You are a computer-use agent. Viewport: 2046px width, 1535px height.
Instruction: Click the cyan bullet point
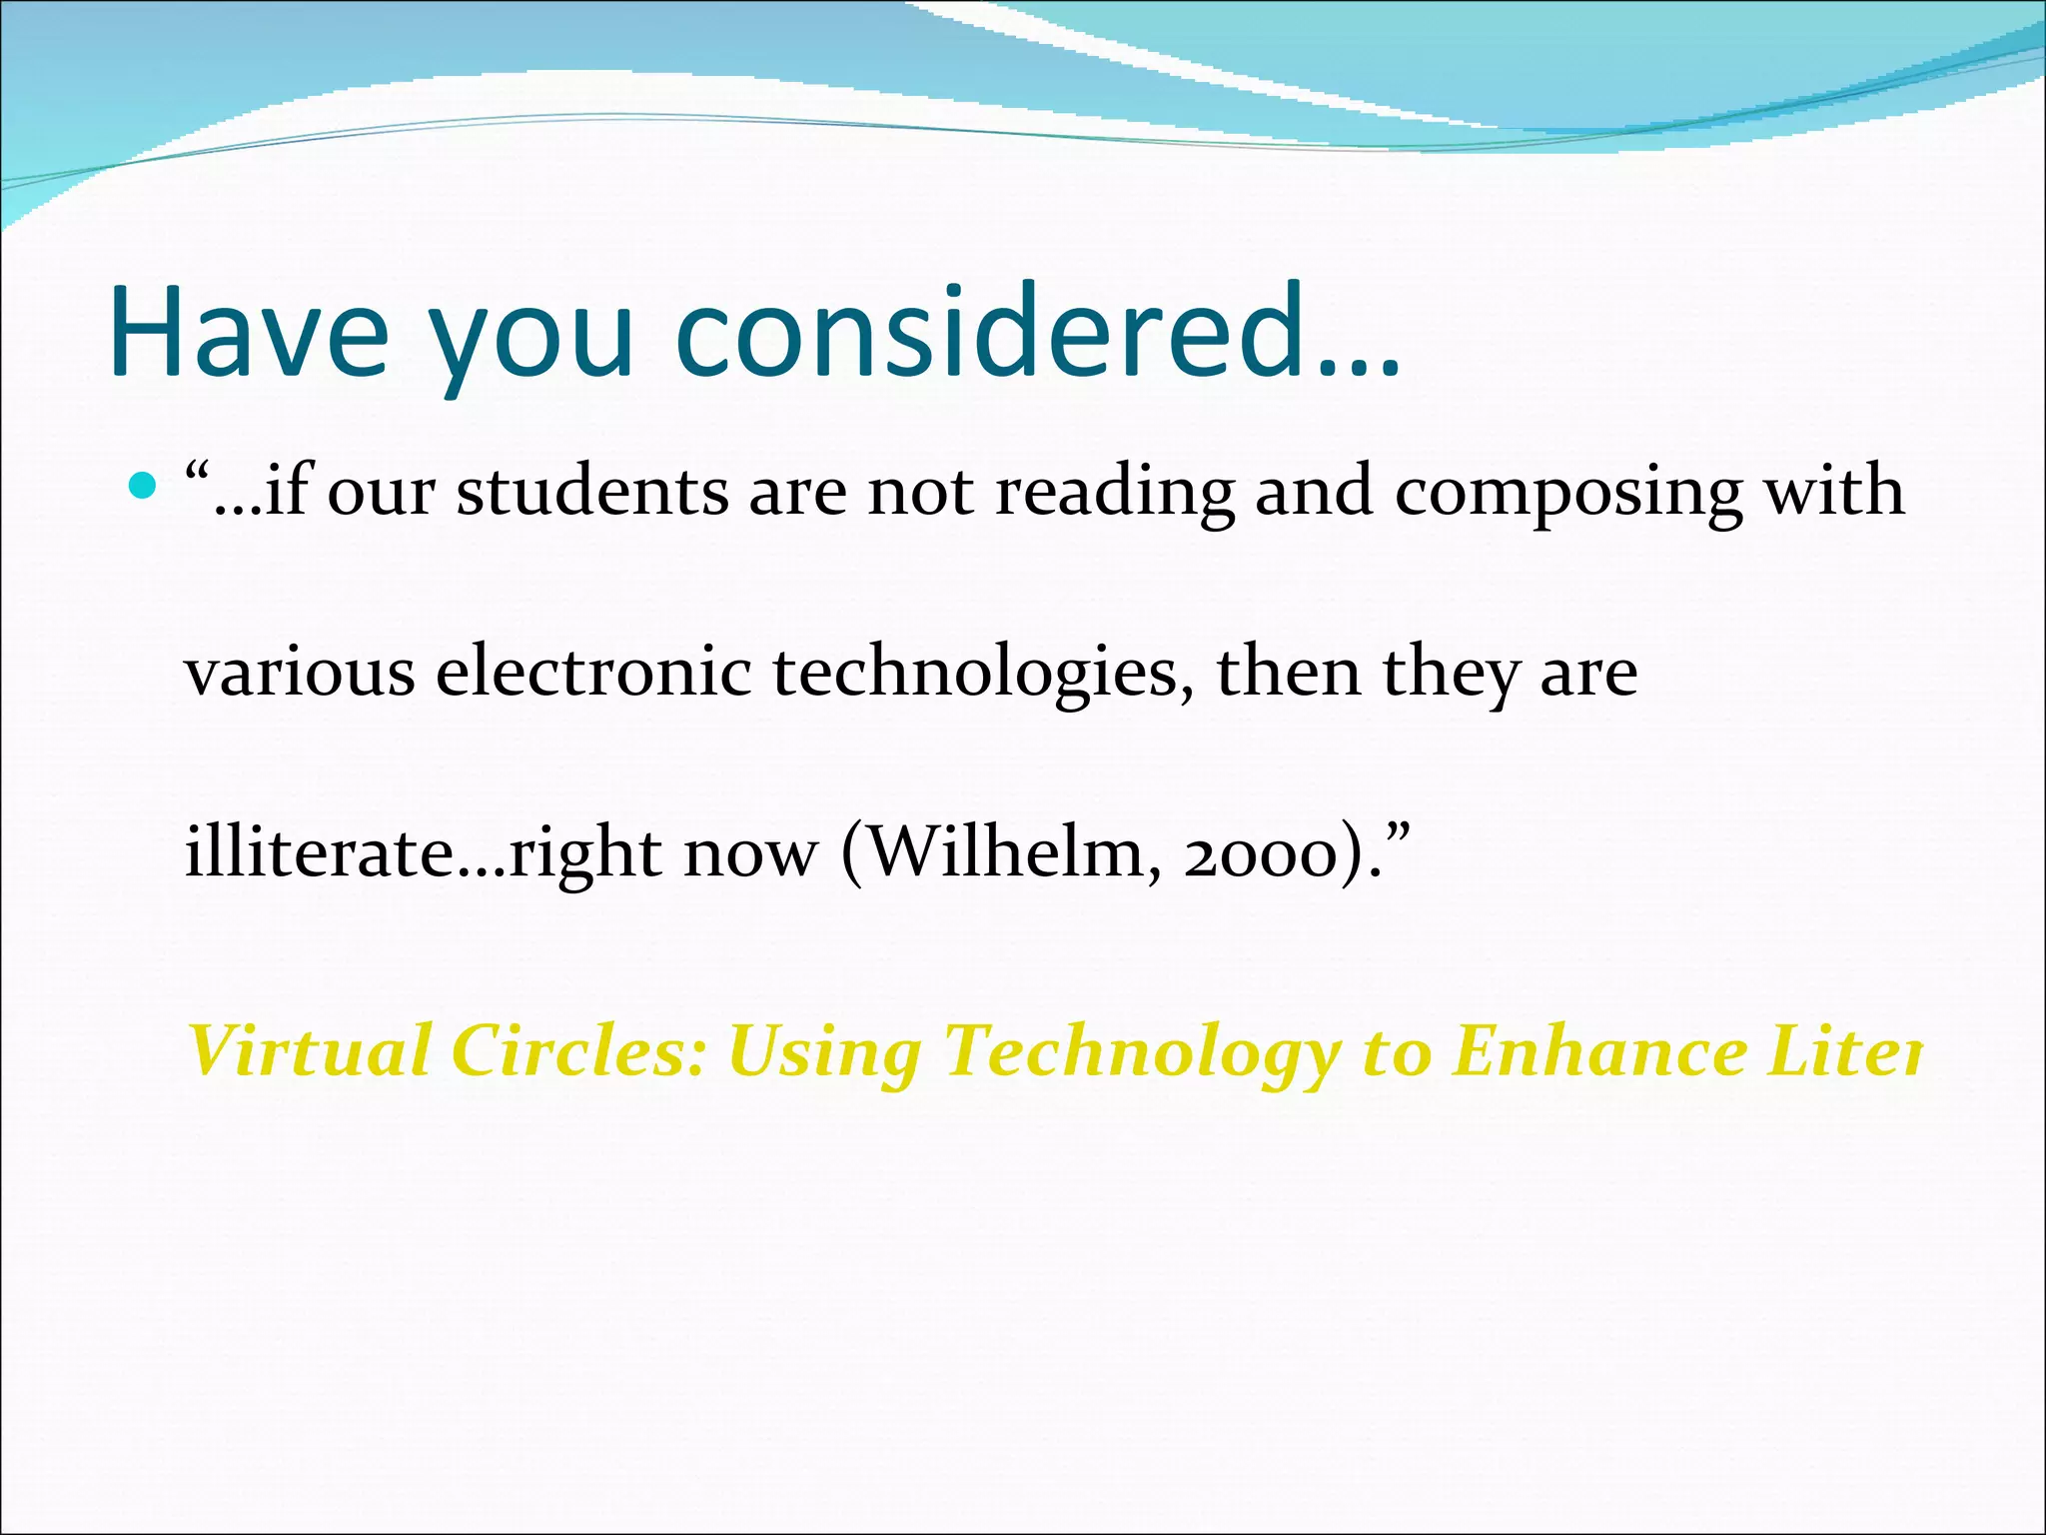pos(144,487)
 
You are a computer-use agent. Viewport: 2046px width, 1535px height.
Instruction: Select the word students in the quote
pos(592,492)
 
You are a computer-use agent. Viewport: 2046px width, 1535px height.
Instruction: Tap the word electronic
pos(593,672)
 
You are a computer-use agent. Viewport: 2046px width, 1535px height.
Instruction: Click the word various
pos(300,673)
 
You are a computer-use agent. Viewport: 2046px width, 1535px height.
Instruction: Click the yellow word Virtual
pos(310,1051)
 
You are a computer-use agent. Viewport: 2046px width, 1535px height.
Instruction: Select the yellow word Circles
pos(578,1051)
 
